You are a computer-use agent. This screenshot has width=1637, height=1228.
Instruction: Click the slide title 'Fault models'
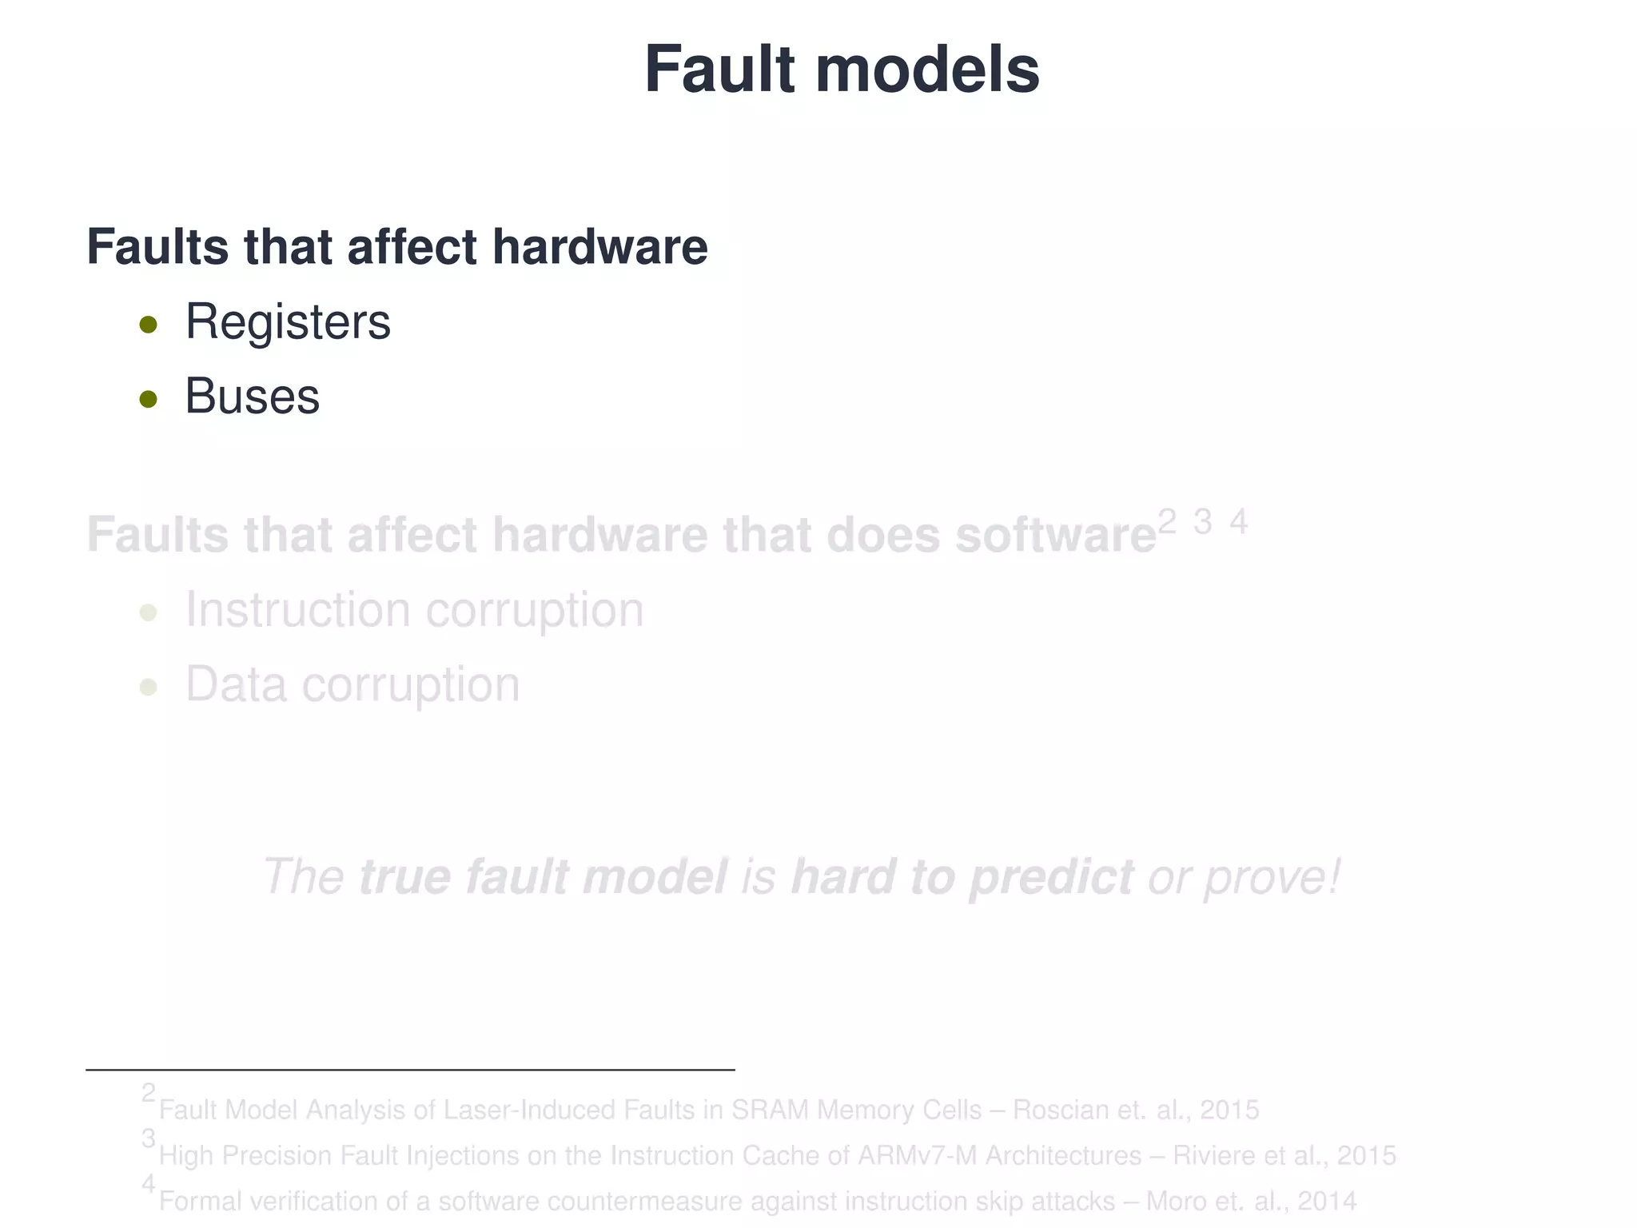pos(841,70)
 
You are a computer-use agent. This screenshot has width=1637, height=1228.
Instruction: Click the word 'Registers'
pos(288,322)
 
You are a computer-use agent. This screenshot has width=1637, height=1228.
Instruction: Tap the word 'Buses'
pos(252,397)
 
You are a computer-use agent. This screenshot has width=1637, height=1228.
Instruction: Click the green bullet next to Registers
pos(148,325)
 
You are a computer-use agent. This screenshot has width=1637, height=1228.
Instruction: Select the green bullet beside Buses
pos(148,399)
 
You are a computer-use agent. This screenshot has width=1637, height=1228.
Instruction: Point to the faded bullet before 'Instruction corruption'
pos(148,613)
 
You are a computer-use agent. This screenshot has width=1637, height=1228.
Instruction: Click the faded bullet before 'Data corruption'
pos(148,688)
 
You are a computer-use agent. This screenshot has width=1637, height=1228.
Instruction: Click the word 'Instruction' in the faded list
pos(297,610)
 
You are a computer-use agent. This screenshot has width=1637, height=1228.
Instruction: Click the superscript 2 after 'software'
pos(1167,522)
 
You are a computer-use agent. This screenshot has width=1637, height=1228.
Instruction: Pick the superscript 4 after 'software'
pos(1238,522)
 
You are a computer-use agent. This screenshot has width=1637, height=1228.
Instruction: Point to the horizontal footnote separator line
pos(409,1070)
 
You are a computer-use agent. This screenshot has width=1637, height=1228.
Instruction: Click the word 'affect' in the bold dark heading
pos(412,247)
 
